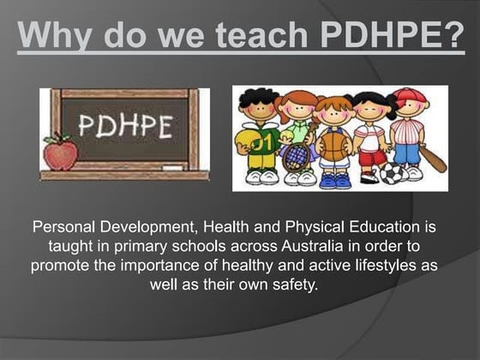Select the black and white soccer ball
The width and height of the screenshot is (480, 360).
(393, 173)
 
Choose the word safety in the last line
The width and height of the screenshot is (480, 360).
(291, 284)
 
